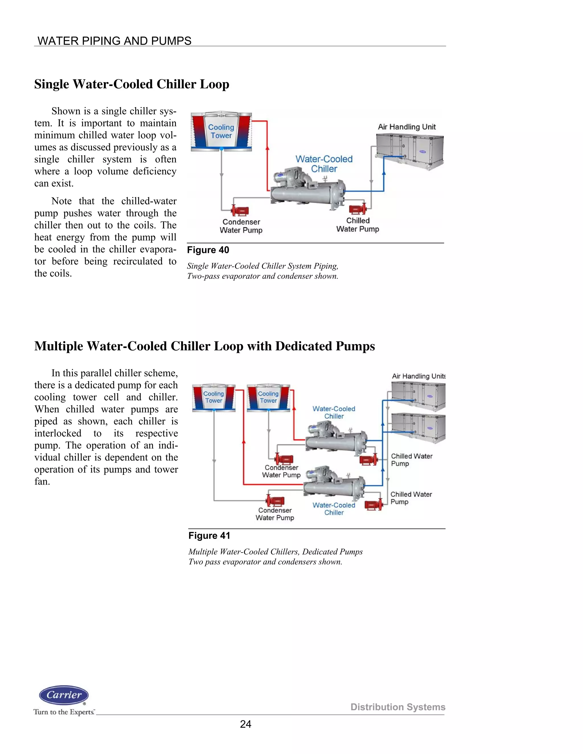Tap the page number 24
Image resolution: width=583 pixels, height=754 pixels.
(246, 724)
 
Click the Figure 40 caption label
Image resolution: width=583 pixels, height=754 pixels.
(208, 250)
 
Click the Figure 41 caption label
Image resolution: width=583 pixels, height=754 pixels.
(209, 535)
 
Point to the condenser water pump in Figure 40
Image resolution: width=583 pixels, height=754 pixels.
(240, 210)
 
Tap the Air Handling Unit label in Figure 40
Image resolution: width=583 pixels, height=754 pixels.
(407, 127)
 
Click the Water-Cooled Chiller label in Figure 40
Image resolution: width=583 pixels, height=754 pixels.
(324, 164)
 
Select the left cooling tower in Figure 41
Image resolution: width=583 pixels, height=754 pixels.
(214, 397)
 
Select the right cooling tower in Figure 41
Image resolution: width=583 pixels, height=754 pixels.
(268, 397)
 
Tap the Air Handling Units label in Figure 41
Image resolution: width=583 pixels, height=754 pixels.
(418, 376)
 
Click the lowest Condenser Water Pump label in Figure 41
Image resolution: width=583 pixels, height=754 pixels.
(275, 514)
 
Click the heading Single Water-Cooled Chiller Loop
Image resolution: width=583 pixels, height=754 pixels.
(132, 84)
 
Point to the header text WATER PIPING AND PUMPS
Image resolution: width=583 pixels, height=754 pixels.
(114, 41)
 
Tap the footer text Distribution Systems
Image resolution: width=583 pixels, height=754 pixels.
(397, 707)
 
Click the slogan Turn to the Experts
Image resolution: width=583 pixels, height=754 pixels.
(64, 712)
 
